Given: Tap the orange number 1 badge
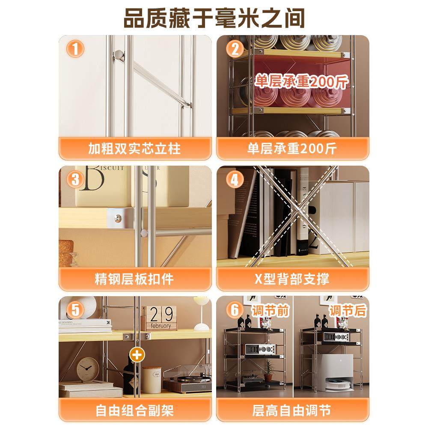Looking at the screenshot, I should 75,49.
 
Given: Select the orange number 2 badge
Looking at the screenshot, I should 235,49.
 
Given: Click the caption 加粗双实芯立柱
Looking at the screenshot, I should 134,148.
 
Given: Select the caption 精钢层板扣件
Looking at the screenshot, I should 134,279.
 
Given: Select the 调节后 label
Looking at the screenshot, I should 348,310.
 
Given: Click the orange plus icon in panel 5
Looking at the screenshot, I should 136,354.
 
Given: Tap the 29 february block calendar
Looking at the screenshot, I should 158,318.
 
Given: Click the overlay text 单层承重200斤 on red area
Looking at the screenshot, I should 302,80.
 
